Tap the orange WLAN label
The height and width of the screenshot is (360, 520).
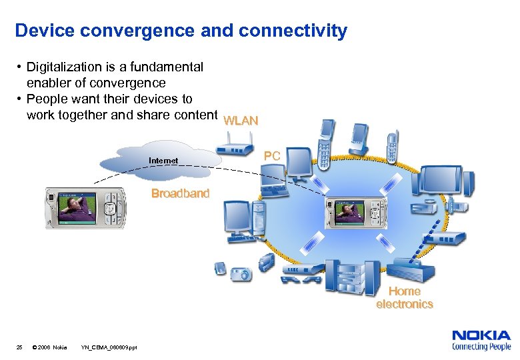pos(241,121)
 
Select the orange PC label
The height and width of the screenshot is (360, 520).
pos(272,155)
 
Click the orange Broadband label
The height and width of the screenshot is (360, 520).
pos(180,193)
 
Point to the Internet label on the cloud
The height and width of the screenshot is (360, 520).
pos(163,161)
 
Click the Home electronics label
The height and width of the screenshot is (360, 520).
pos(405,297)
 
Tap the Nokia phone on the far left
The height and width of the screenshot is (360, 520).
pos(85,207)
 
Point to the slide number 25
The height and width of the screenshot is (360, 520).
pos(19,347)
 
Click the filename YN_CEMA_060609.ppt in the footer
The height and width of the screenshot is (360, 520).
pos(109,347)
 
